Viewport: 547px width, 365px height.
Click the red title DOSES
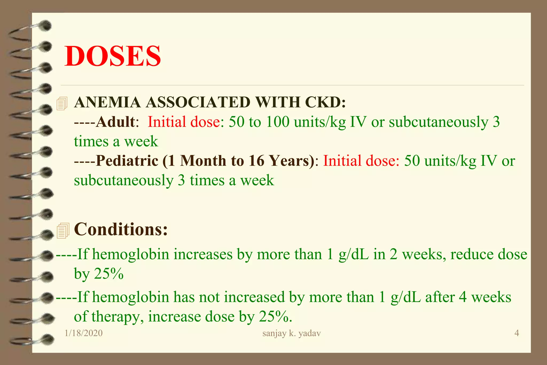coord(113,56)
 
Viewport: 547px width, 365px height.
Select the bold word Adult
coord(115,122)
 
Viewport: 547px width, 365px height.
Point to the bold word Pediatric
coord(127,161)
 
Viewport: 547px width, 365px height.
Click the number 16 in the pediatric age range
coord(256,161)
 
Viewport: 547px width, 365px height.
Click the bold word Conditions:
coord(121,229)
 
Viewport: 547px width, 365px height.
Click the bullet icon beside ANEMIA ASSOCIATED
coord(62,104)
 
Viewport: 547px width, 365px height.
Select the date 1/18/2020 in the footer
coord(84,333)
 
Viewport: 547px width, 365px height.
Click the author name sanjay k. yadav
coord(291,333)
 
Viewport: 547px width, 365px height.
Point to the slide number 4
coord(517,333)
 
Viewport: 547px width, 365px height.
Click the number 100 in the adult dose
coord(278,122)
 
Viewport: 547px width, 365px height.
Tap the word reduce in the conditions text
coord(468,254)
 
